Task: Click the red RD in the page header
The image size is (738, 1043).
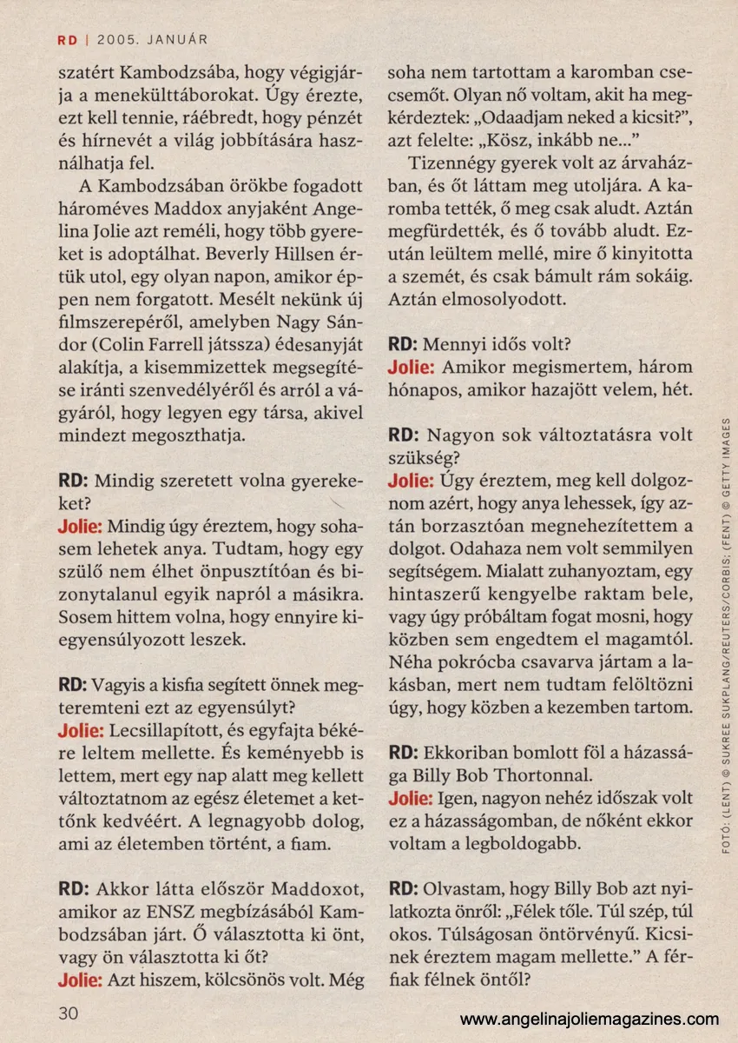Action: [68, 39]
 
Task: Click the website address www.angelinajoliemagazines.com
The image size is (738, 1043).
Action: [589, 1020]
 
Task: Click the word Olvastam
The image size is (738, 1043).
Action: [465, 888]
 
